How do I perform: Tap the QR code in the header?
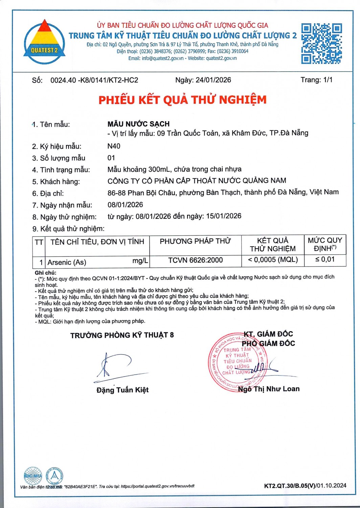321,43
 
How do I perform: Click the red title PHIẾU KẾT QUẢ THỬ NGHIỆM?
182,100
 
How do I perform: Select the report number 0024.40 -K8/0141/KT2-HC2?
94,80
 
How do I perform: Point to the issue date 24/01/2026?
213,80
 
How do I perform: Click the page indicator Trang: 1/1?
316,80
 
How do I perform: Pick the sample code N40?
114,146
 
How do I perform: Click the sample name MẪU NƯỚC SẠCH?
138,124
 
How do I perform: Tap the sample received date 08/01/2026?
125,205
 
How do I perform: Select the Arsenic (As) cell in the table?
67,262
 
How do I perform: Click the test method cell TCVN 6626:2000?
195,260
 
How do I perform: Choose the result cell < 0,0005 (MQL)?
273,260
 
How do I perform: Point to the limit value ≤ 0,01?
325,259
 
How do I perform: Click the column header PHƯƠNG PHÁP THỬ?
195,241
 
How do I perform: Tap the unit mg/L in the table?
140,261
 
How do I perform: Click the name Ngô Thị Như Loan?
269,389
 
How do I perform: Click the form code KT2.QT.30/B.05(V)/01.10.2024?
305,486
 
